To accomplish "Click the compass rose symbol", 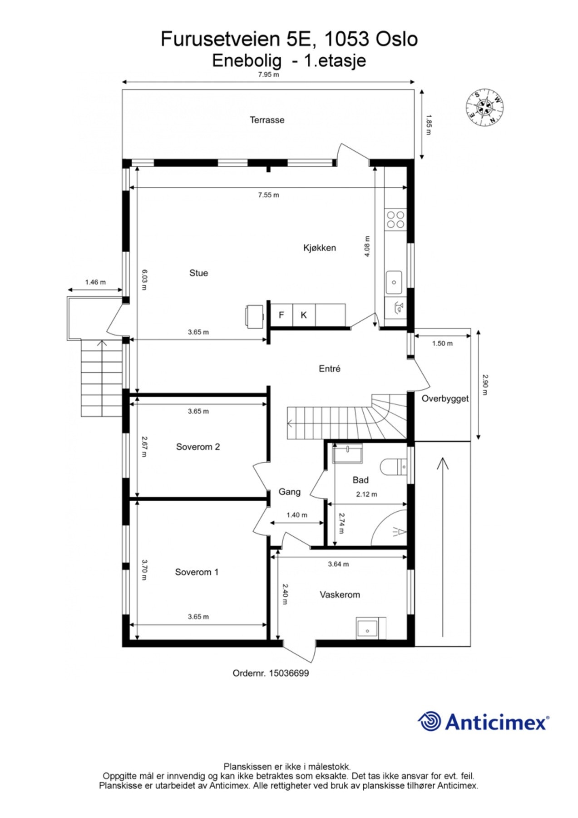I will point(485,107).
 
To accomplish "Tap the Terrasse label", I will point(267,120).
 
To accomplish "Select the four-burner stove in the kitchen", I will point(395,219).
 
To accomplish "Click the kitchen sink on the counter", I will point(394,282).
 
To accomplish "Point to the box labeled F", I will point(282,315).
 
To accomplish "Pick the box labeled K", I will point(304,315).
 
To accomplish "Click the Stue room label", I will point(198,273).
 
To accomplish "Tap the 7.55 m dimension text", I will point(268,195).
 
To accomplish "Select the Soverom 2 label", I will point(198,447).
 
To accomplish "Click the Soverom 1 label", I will point(197,572).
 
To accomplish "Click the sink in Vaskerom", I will point(367,629).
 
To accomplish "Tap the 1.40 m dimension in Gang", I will point(296,515).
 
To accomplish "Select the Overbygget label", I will point(445,399).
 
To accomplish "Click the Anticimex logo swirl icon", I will point(430,721).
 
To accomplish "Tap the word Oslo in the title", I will point(396,39).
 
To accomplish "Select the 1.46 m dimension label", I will point(95,282).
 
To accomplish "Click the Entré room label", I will point(329,369).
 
